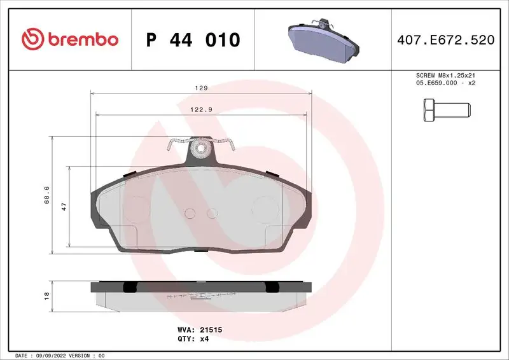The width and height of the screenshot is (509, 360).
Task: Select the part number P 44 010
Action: coord(193,40)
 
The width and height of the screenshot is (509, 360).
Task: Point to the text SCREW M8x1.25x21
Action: coord(445,75)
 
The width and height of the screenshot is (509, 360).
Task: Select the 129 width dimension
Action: coord(202,88)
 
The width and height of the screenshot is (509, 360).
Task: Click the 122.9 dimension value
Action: coord(202,109)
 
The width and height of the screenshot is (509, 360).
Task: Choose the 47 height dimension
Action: coord(64,207)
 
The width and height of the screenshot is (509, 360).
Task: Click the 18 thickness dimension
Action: coord(46,296)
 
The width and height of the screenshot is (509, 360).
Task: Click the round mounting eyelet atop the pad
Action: coord(201,150)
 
